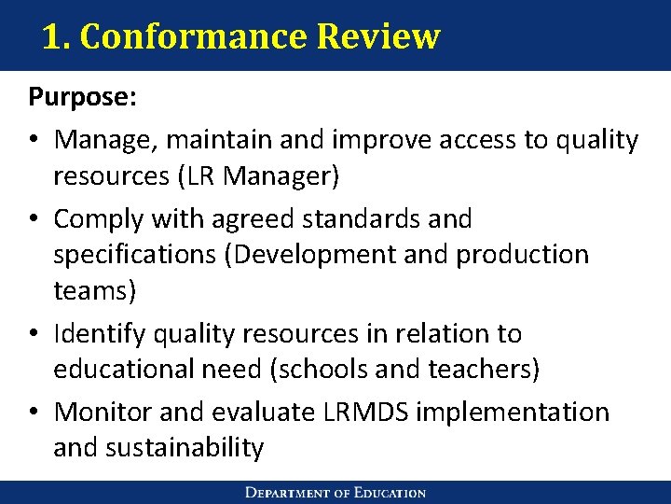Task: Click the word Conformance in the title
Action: [x=193, y=37]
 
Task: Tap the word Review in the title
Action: [x=378, y=37]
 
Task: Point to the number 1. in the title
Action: [x=56, y=37]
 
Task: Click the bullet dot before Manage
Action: [x=34, y=141]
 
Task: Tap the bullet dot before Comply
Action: [x=34, y=219]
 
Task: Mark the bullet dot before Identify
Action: [x=34, y=334]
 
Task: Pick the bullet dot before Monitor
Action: [x=34, y=413]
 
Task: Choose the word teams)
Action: [x=95, y=290]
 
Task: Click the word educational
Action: [x=133, y=370]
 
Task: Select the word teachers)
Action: [x=484, y=370]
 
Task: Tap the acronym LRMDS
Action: [x=367, y=412]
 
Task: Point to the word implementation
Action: [x=514, y=412]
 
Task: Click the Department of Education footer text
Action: [x=335, y=493]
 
